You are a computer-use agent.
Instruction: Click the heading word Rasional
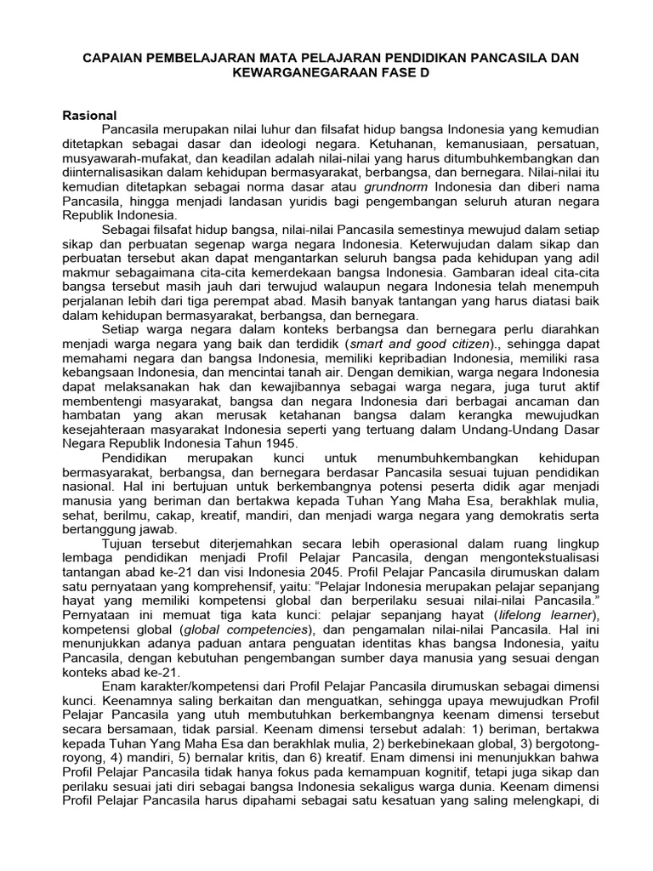pos(89,114)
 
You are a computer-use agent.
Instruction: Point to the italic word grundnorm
pos(398,186)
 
